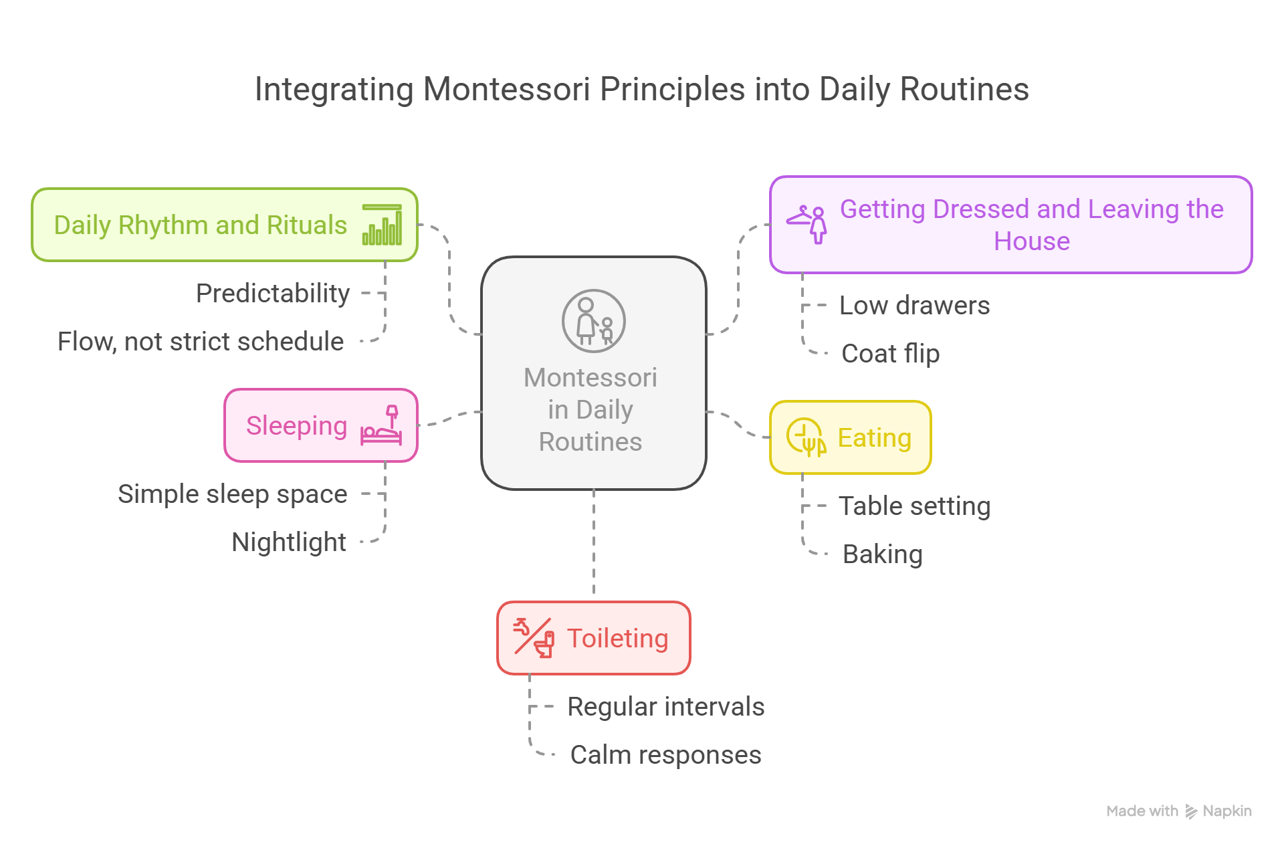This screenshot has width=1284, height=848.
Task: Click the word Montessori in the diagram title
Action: coord(506,90)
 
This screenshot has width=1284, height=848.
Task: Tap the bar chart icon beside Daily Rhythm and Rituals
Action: coord(382,225)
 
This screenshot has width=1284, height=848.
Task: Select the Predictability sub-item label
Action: coord(273,294)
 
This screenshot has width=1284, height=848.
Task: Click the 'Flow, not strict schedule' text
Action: coord(201,342)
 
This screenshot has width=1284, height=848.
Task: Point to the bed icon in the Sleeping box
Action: coord(382,425)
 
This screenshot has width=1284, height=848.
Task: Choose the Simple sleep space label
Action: coord(233,494)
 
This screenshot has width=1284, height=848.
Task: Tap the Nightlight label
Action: coord(289,542)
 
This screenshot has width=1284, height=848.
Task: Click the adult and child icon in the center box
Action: coord(593,321)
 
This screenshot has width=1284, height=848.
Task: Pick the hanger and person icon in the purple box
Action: coord(807,224)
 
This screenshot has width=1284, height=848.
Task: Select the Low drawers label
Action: coord(914,306)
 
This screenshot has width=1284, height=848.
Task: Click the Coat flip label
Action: coord(890,354)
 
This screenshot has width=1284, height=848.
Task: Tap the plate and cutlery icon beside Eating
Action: coord(806,437)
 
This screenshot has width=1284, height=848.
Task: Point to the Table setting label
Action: coord(914,506)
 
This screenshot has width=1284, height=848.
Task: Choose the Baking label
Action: coord(882,554)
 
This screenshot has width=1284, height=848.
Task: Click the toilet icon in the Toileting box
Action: coord(534,638)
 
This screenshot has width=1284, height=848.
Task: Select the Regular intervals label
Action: coord(665,707)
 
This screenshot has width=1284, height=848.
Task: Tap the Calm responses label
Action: coord(665,755)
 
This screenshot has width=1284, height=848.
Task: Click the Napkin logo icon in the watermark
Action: coord(1191,812)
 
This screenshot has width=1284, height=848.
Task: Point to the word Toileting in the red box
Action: coord(617,639)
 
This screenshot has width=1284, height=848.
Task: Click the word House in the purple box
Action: coord(1031,241)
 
